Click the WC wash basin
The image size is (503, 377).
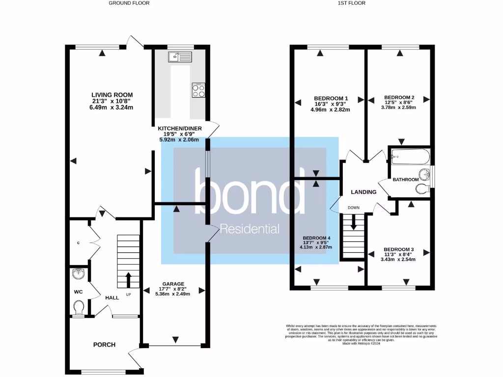pos(79,274)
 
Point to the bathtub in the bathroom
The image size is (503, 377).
pos(410,158)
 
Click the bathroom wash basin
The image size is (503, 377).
pos(424,174)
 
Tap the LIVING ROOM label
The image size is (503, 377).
pos(112,95)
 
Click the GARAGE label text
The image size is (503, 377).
pos(174,284)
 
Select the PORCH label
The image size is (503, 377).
pos(104,345)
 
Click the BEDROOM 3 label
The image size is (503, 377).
pos(398,249)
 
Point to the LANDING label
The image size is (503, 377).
pos(363,192)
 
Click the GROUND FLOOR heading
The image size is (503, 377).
pos(129,3)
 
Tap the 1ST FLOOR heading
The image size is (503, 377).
pos(351,3)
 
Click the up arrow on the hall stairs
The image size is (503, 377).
pos(129,280)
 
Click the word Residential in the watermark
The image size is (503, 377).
pos(250,229)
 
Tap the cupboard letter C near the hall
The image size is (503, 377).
pos(78,242)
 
